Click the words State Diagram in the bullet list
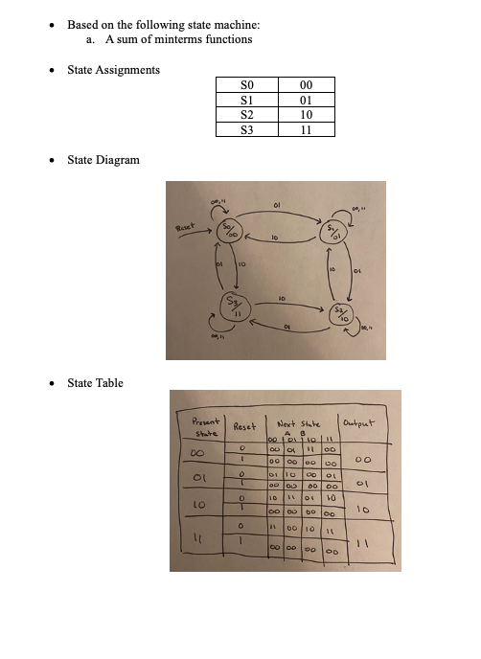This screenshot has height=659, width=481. point(103,159)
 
